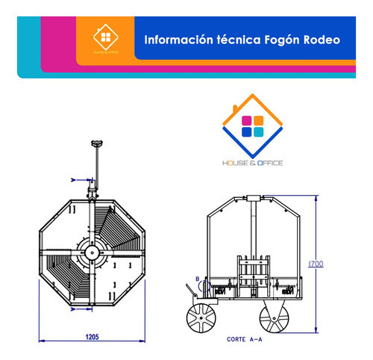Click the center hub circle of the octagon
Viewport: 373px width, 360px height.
(90, 252)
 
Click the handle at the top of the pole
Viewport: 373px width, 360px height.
(95, 142)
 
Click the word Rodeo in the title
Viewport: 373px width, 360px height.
(319, 37)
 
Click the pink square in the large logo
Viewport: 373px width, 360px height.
(248, 120)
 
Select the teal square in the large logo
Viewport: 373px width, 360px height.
(259, 132)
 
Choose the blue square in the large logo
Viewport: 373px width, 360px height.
(248, 132)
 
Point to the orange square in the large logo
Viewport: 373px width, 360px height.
(259, 120)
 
